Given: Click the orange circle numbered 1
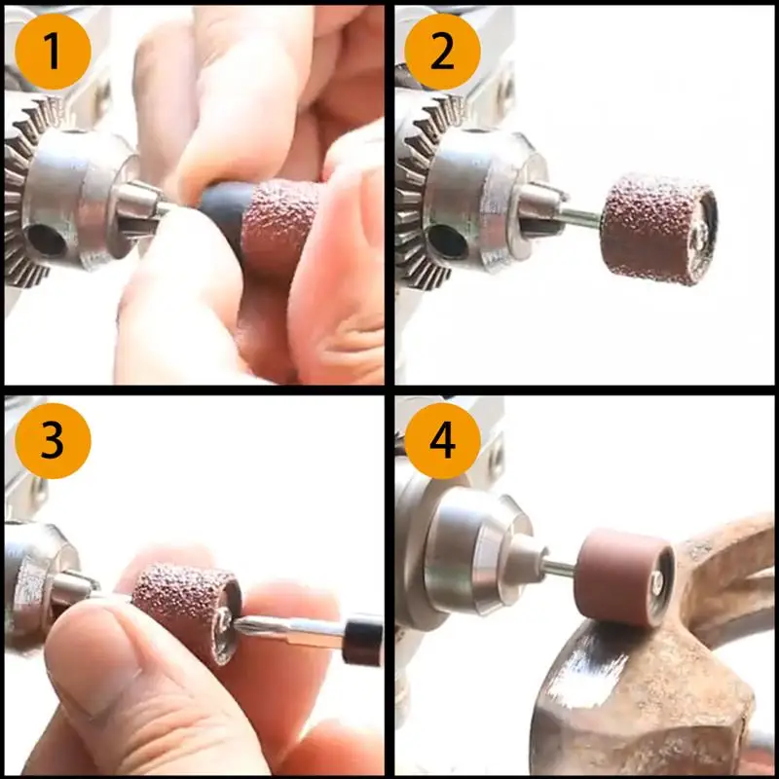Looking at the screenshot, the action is [54, 52].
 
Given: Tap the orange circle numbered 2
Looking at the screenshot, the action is [443, 52].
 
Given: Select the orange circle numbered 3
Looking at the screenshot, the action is [54, 441].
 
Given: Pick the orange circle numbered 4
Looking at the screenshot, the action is [443, 441].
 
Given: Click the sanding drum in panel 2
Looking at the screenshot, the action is [659, 229].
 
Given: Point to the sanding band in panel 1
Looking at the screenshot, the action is [279, 230].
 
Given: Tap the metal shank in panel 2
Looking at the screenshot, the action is [581, 219].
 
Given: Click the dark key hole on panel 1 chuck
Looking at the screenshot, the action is [47, 240].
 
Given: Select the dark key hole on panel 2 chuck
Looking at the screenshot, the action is [448, 241].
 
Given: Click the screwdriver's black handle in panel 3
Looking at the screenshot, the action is [362, 641].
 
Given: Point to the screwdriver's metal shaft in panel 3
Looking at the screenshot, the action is [289, 631].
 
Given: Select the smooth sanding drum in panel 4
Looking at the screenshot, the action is [624, 577].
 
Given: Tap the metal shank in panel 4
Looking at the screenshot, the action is [559, 568].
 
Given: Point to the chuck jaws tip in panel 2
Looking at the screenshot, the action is [541, 207].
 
